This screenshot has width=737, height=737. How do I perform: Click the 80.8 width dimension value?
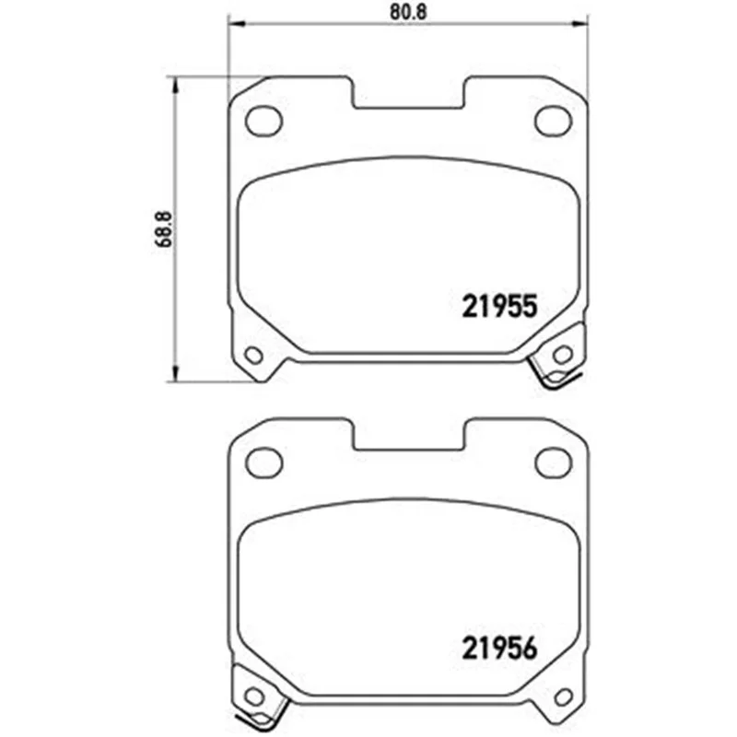point(407,12)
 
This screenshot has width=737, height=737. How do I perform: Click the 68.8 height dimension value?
point(163,229)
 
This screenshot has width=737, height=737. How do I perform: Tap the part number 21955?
point(499,307)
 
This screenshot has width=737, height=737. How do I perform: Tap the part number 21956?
point(499,649)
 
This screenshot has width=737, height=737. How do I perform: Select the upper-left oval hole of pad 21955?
point(263,121)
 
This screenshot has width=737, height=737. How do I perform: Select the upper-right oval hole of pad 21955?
point(554,121)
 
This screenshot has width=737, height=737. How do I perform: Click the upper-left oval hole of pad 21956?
point(263,462)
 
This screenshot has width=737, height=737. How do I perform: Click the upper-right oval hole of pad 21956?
point(554,462)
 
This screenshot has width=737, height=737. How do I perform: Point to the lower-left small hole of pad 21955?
point(254,355)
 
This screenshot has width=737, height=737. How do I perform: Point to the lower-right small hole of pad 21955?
point(563,355)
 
